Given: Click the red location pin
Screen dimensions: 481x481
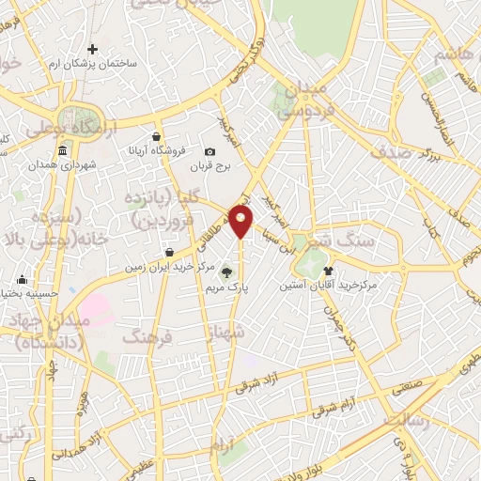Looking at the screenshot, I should tap(241, 221).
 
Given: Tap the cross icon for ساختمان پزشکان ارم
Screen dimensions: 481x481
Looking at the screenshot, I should tap(92, 49).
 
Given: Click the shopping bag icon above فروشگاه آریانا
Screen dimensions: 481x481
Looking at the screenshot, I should tap(162, 132).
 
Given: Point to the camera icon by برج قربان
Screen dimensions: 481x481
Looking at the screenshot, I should tap(209, 151).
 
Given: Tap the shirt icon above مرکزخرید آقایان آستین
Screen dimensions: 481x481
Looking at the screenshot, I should tap(328, 269).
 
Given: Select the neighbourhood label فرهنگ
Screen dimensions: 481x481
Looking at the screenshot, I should tap(148, 335).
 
